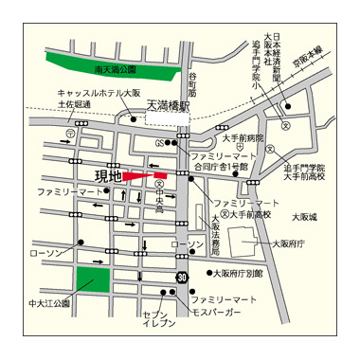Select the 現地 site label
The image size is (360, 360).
click(109, 175)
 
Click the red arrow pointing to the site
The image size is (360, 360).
click(145, 176)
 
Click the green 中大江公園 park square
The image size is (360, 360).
click(93, 283)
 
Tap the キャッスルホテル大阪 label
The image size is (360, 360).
click(95, 92)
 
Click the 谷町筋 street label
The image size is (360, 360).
click(192, 85)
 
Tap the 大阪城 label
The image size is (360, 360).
click(305, 217)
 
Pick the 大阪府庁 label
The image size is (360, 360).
click(288, 243)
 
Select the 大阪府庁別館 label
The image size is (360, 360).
click(238, 273)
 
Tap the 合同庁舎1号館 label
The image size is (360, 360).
click(220, 165)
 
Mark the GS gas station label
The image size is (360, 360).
click(161, 142)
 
